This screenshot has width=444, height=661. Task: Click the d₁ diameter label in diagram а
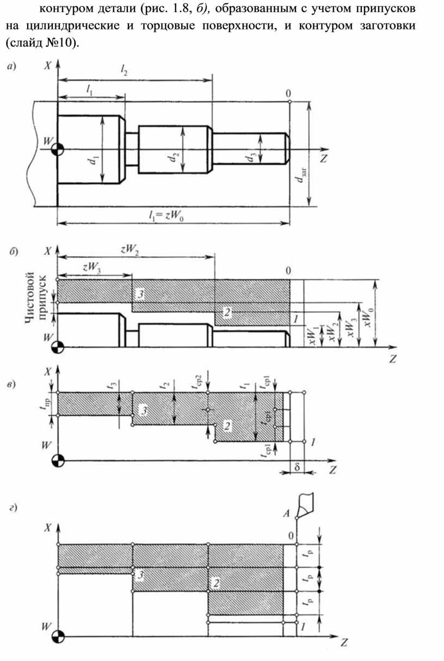(94, 160)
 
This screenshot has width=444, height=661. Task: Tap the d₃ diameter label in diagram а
(250, 158)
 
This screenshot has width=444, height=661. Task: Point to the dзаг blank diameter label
(301, 175)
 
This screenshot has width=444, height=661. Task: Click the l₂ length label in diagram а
(124, 70)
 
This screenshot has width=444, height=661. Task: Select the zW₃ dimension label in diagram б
(91, 268)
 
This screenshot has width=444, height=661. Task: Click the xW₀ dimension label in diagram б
(369, 317)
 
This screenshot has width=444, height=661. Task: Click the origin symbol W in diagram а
(57, 150)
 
